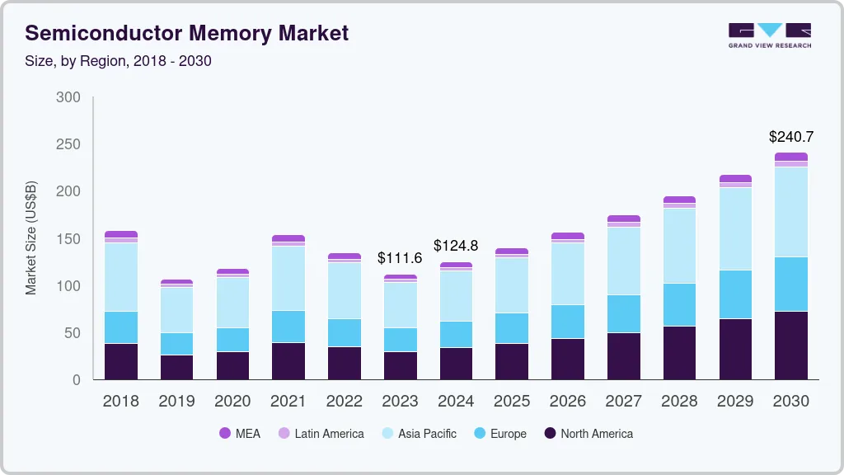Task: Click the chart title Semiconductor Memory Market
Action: pos(187,33)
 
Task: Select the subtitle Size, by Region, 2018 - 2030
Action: pos(118,61)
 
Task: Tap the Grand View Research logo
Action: pos(769,35)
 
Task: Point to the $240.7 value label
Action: pos(791,136)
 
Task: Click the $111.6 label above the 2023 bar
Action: pos(400,258)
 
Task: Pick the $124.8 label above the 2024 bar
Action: pos(456,246)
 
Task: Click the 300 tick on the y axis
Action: pos(68,97)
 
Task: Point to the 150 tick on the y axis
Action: pos(68,239)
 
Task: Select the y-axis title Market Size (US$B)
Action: pos(30,237)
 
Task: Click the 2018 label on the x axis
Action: pos(120,402)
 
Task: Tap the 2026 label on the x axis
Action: pos(567,402)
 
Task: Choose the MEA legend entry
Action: pos(240,433)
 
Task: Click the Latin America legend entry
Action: pos(321,433)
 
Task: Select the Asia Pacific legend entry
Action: pos(418,433)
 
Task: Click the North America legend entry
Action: pos(588,433)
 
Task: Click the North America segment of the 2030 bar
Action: pos(791,346)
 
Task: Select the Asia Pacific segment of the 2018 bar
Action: pos(121,277)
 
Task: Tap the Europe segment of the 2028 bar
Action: pos(679,305)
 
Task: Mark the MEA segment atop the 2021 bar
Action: pos(288,238)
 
